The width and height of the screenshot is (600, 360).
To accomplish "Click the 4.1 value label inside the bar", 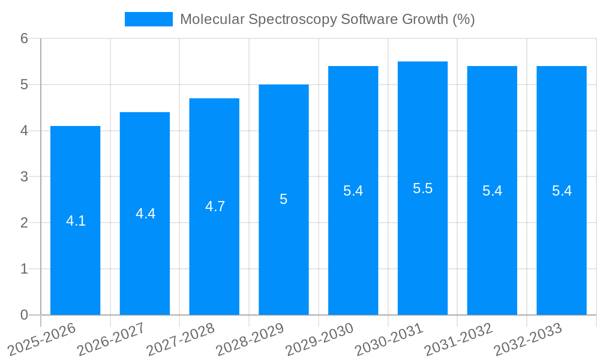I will tap(76, 221).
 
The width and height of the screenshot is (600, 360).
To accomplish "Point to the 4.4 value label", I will tap(145, 214).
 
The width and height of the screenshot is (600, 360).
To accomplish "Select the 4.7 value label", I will tap(215, 206).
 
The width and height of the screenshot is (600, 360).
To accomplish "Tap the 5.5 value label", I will tap(422, 188).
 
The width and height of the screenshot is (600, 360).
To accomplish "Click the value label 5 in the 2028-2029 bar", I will tap(284, 200).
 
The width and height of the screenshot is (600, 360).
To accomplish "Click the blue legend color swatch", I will tap(148, 19).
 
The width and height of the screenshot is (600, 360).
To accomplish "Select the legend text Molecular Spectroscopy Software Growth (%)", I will tap(327, 19).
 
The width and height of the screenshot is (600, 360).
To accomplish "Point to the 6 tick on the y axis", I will tap(24, 39).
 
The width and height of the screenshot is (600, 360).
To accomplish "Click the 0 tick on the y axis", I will tap(24, 315).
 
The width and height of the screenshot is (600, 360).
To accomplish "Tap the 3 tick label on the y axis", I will tap(24, 177).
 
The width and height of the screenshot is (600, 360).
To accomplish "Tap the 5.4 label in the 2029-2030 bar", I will tap(353, 191).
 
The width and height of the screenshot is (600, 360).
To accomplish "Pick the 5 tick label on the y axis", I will tap(24, 85).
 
